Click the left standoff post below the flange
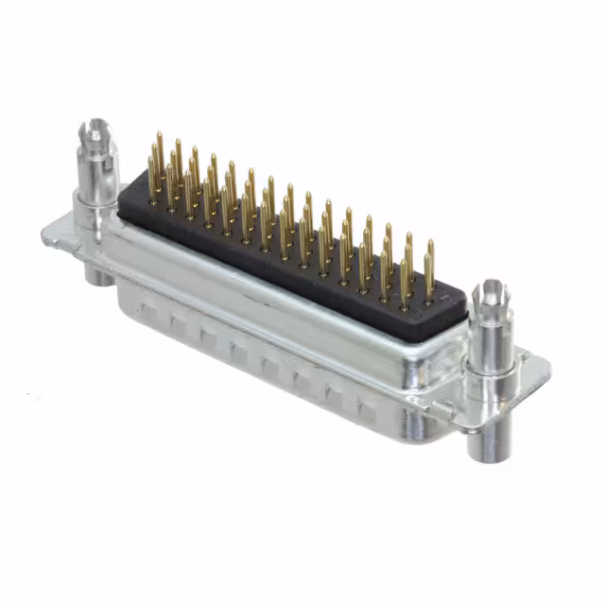point(95,272)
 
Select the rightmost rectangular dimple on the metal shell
point(367,409)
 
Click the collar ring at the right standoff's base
point(492,375)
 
